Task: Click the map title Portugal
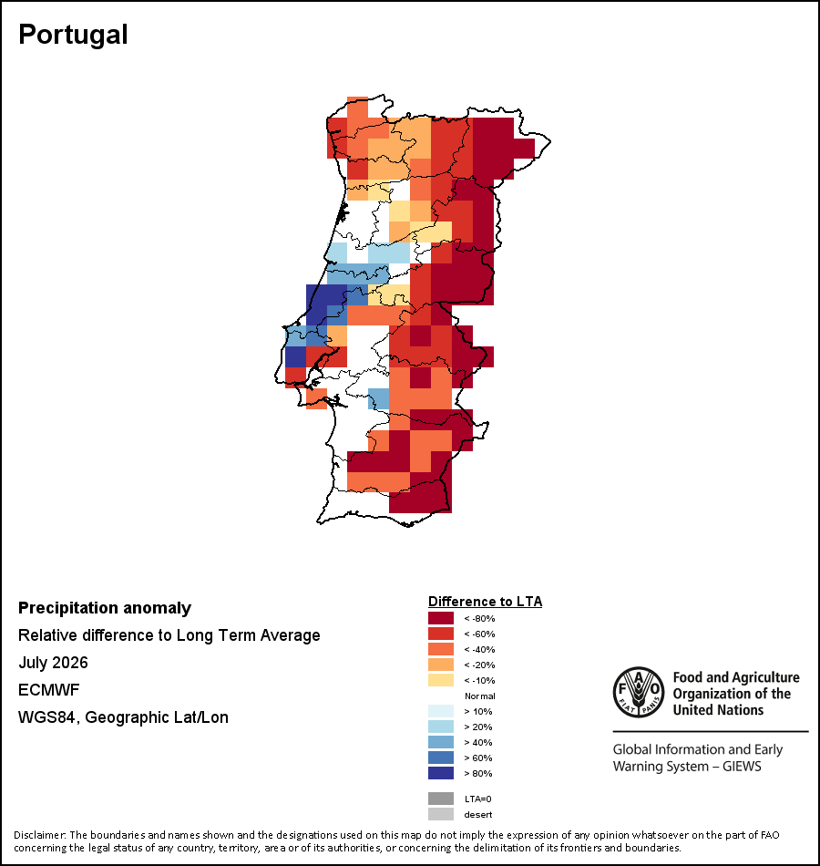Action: [73, 36]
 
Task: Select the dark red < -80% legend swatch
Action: [441, 618]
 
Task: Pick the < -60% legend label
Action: [479, 634]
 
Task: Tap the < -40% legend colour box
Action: [441, 649]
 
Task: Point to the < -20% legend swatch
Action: [441, 665]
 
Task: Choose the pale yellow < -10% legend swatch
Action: [441, 680]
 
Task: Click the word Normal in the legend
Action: [480, 696]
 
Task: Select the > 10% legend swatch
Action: [441, 711]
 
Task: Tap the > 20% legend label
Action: [478, 727]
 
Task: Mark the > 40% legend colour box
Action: [441, 742]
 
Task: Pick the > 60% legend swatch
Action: [441, 758]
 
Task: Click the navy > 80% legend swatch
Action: [441, 773]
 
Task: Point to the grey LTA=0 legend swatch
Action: [441, 799]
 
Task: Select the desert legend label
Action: [478, 815]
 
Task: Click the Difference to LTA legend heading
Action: [486, 602]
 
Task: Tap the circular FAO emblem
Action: [639, 692]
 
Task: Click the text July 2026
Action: [53, 662]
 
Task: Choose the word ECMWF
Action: [48, 690]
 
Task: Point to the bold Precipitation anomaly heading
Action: [105, 608]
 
